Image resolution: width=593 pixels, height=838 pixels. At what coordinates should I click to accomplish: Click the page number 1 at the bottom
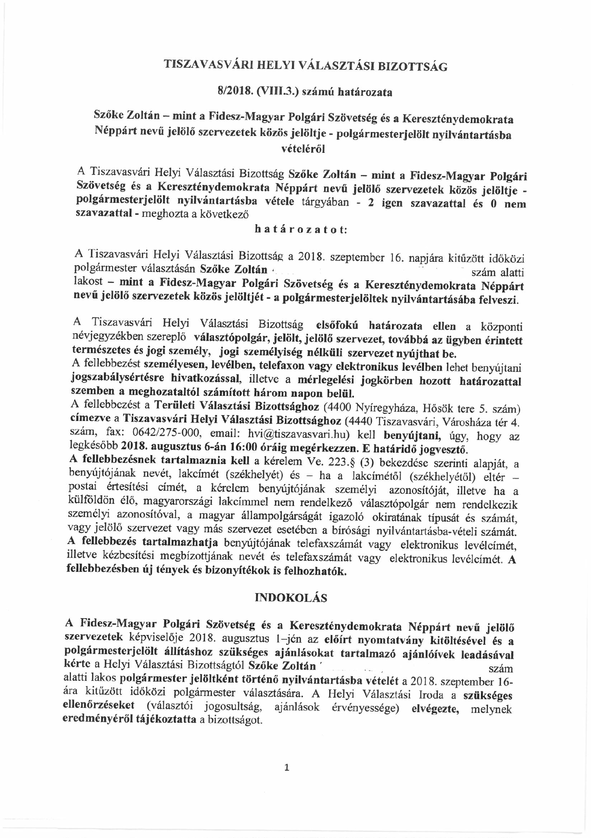(287, 768)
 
